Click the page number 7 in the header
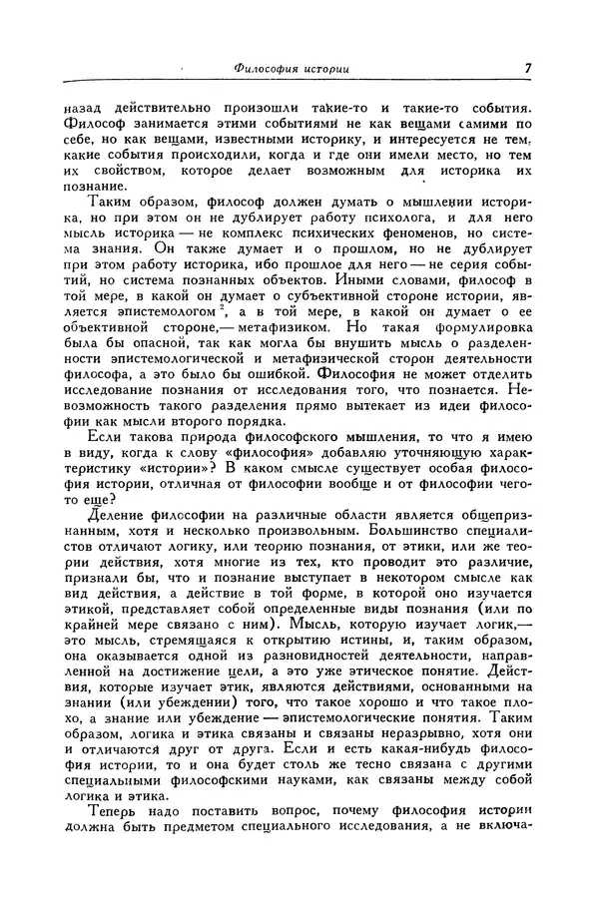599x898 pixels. click(526, 69)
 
